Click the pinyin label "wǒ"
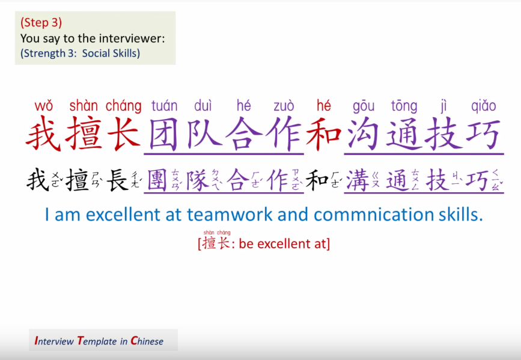tap(43, 106)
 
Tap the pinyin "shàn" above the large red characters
tap(84, 106)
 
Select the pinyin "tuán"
tap(164, 106)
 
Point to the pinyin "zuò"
tap(284, 106)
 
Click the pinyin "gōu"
tap(364, 106)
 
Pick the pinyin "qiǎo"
tap(484, 106)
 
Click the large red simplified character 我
tap(43, 135)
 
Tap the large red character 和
tap(324, 135)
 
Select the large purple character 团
tap(164, 135)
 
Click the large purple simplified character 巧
tap(484, 135)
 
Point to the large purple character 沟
tap(364, 135)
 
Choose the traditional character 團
tap(157, 180)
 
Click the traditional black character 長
tap(117, 180)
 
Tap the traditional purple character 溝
tap(358, 180)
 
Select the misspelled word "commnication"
tap(366, 215)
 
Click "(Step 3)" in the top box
tap(41, 23)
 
